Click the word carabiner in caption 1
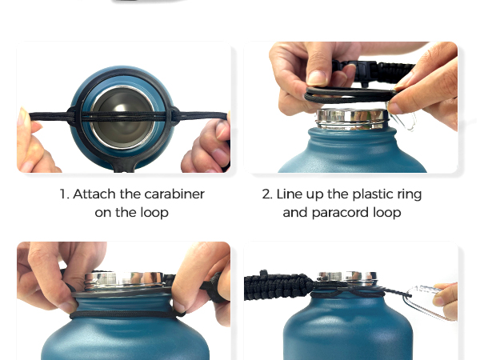(174, 194)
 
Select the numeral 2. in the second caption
(267, 194)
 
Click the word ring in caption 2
(410, 195)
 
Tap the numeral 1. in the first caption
(65, 194)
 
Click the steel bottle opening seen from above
(122, 117)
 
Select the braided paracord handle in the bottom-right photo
(278, 286)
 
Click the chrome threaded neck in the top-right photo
(352, 119)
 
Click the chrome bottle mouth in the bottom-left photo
(124, 281)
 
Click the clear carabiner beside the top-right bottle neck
(402, 116)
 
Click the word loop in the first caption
(154, 213)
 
